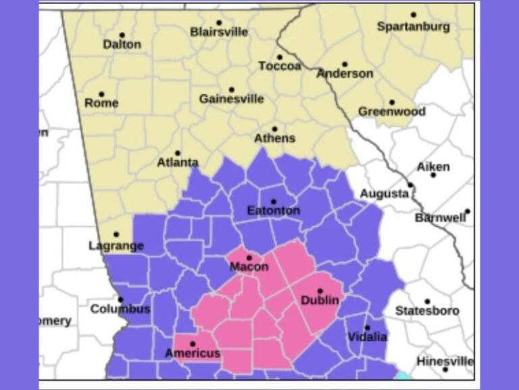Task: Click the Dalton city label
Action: pyautogui.click(x=122, y=45)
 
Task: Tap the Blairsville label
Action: pyautogui.click(x=219, y=32)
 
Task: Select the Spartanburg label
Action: pyautogui.click(x=413, y=27)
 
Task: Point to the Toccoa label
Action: pyautogui.click(x=280, y=66)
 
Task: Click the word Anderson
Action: pyautogui.click(x=345, y=74)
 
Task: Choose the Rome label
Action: pyautogui.click(x=101, y=103)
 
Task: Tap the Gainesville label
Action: pyautogui.click(x=231, y=99)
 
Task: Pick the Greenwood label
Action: pyautogui.click(x=392, y=112)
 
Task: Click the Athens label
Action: pyautogui.click(x=274, y=138)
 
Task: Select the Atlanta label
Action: pyautogui.click(x=178, y=162)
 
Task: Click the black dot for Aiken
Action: pyautogui.click(x=433, y=175)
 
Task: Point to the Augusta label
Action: pyautogui.click(x=384, y=194)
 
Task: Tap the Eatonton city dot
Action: pyautogui.click(x=273, y=202)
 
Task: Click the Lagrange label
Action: pyautogui.click(x=116, y=245)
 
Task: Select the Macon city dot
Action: pyautogui.click(x=249, y=257)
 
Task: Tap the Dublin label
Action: pyautogui.click(x=320, y=300)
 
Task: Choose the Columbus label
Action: pyautogui.click(x=120, y=309)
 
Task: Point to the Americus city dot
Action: pyautogui.click(x=193, y=344)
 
